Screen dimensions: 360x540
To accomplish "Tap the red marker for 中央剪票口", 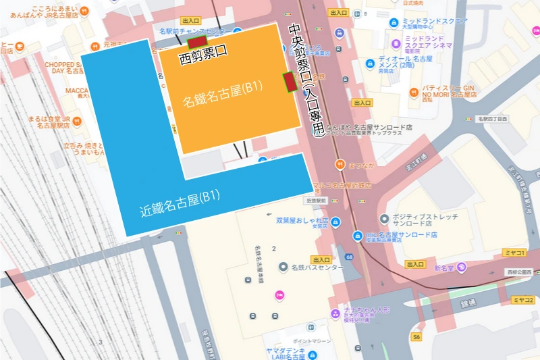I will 290,82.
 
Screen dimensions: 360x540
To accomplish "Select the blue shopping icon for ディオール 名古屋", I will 369,63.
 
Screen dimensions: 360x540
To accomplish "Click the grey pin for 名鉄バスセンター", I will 284,267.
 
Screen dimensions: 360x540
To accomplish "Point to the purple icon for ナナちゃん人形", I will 335,313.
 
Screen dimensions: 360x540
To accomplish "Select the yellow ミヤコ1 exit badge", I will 515,253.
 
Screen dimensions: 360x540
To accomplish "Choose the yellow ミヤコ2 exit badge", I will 522,300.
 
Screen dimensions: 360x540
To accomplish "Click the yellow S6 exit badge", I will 417,336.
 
